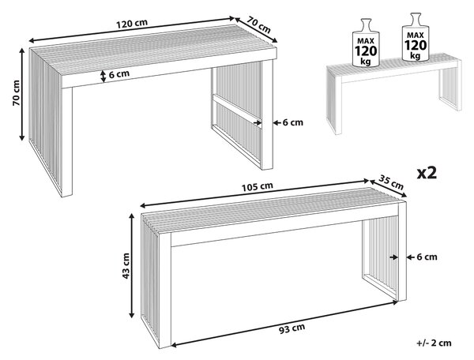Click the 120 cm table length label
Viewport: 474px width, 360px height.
(x=132, y=24)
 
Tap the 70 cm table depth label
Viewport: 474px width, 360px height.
(x=259, y=24)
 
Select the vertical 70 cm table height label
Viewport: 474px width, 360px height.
(x=17, y=92)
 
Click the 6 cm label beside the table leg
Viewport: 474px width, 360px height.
(x=292, y=122)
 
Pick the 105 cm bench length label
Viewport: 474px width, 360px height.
(x=258, y=187)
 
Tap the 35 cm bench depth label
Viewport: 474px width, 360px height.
(x=391, y=182)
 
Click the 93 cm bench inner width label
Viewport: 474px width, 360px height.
(x=292, y=328)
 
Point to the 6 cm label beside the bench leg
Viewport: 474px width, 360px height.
(x=427, y=257)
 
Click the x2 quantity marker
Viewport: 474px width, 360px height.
(x=427, y=173)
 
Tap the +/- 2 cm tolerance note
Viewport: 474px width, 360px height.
(x=434, y=343)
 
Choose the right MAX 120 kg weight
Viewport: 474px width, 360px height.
(x=416, y=37)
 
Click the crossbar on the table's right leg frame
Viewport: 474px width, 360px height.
(x=236, y=111)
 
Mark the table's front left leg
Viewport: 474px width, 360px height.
(x=67, y=142)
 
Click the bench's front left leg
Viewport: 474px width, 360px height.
(x=165, y=291)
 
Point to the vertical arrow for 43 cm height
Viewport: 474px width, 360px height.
(x=131, y=265)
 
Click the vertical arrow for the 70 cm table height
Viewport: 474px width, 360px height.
(x=22, y=94)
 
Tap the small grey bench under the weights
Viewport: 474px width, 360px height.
(x=394, y=93)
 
